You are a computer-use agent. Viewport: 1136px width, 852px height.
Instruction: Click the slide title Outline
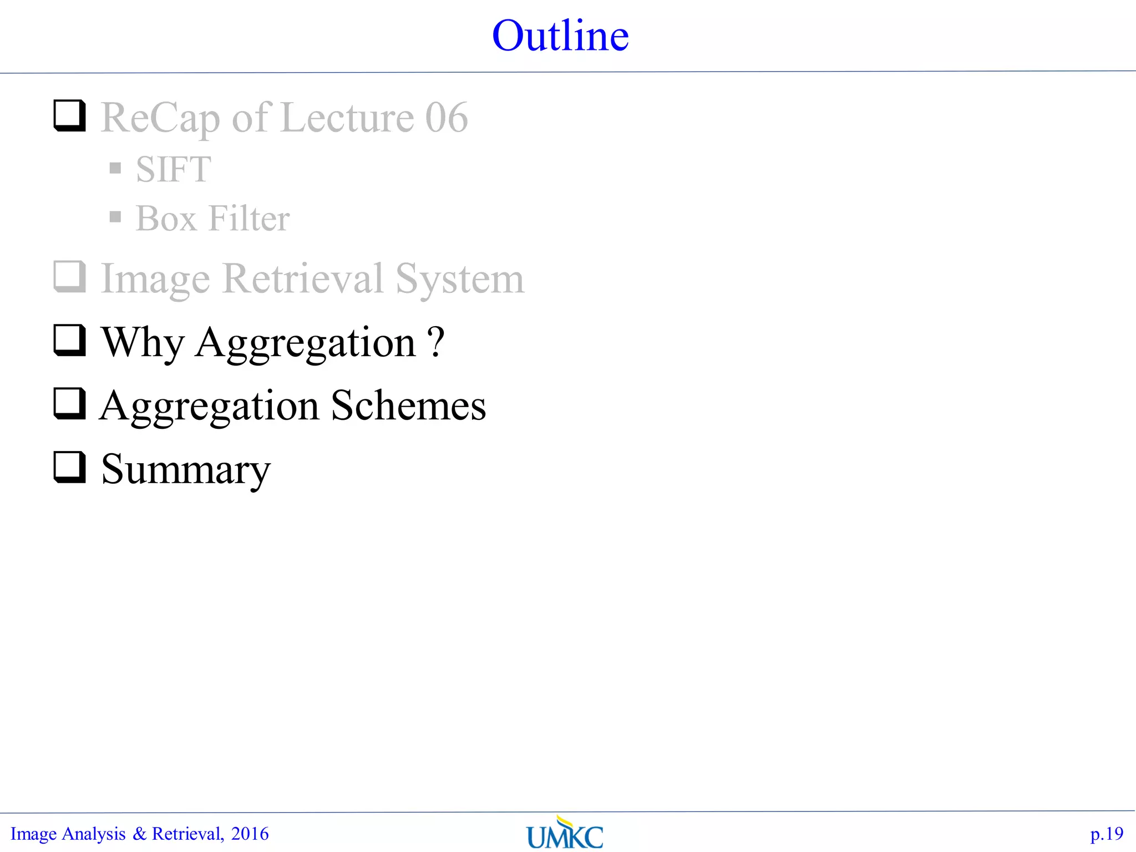point(560,36)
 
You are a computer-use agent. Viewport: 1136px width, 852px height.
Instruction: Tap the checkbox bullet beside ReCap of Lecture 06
point(69,115)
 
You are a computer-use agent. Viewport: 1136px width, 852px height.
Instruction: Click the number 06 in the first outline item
point(447,118)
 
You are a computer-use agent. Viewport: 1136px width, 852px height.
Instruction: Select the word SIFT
point(174,169)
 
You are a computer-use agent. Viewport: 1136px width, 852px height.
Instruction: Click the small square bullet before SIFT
point(115,168)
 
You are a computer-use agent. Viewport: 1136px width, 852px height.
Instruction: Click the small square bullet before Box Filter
point(115,216)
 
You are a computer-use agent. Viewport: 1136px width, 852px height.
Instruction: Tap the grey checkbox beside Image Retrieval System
point(69,276)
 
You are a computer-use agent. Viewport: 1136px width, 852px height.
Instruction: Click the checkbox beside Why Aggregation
point(69,340)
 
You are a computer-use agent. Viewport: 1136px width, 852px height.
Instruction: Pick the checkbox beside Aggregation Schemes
point(69,403)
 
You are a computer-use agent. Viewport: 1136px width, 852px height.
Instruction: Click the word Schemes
point(408,405)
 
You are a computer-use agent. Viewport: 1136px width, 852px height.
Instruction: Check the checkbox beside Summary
point(69,467)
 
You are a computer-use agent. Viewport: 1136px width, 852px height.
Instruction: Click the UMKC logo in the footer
point(565,833)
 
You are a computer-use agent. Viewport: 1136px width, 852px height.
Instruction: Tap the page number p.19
point(1107,834)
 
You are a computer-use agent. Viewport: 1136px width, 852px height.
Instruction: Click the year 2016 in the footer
point(250,834)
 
